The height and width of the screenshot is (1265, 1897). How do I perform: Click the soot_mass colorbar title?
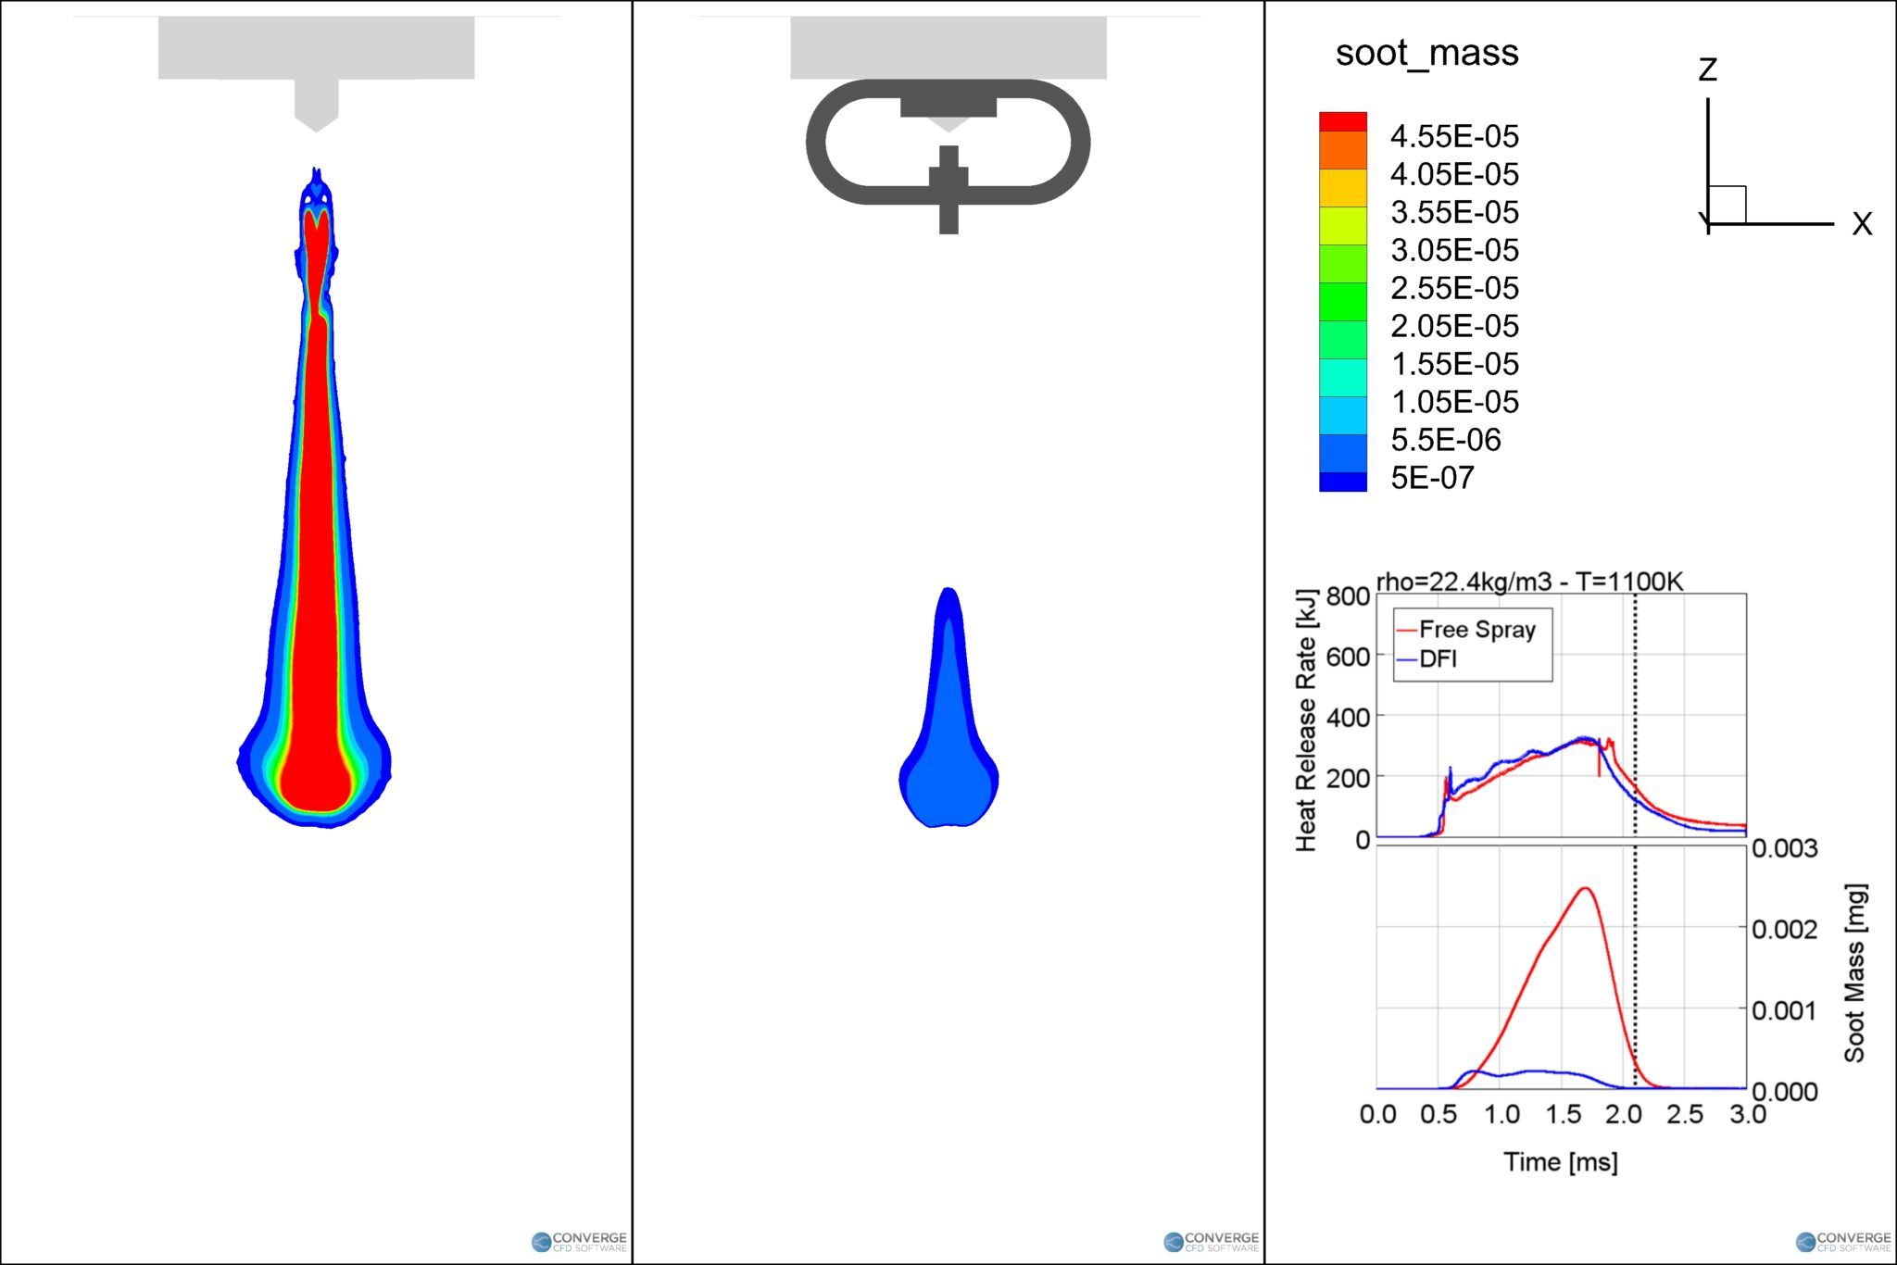coord(1426,54)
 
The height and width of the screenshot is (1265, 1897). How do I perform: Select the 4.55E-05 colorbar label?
coord(1454,137)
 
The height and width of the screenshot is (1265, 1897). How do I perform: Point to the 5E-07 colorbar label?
coord(1432,478)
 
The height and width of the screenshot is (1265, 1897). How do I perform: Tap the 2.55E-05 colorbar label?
coord(1454,288)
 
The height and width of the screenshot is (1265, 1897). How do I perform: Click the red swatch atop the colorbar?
coord(1343,121)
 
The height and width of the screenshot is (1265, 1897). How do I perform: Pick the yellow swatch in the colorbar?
coord(1343,188)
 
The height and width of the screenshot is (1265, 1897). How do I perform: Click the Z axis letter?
coord(1707,69)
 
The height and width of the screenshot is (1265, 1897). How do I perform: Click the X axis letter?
coord(1862,224)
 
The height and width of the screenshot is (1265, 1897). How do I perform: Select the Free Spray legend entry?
coord(1477,630)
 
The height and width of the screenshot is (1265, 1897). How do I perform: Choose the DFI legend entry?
coord(1438,659)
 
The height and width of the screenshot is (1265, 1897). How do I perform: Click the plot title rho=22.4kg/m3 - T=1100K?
coord(1529,582)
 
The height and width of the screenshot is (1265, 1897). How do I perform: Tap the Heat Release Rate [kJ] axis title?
coord(1306,720)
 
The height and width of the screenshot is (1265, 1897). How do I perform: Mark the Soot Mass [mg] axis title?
coord(1854,972)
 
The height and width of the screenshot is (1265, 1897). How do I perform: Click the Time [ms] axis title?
coord(1561,1161)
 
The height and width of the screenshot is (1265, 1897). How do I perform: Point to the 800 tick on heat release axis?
coord(1348,595)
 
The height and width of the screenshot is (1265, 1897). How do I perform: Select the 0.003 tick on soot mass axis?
coord(1784,848)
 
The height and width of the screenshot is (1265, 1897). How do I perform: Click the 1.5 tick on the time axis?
coord(1563,1114)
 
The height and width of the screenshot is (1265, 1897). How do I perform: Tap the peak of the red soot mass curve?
coord(1585,889)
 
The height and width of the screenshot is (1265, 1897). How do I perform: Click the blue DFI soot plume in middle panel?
coord(948,741)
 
